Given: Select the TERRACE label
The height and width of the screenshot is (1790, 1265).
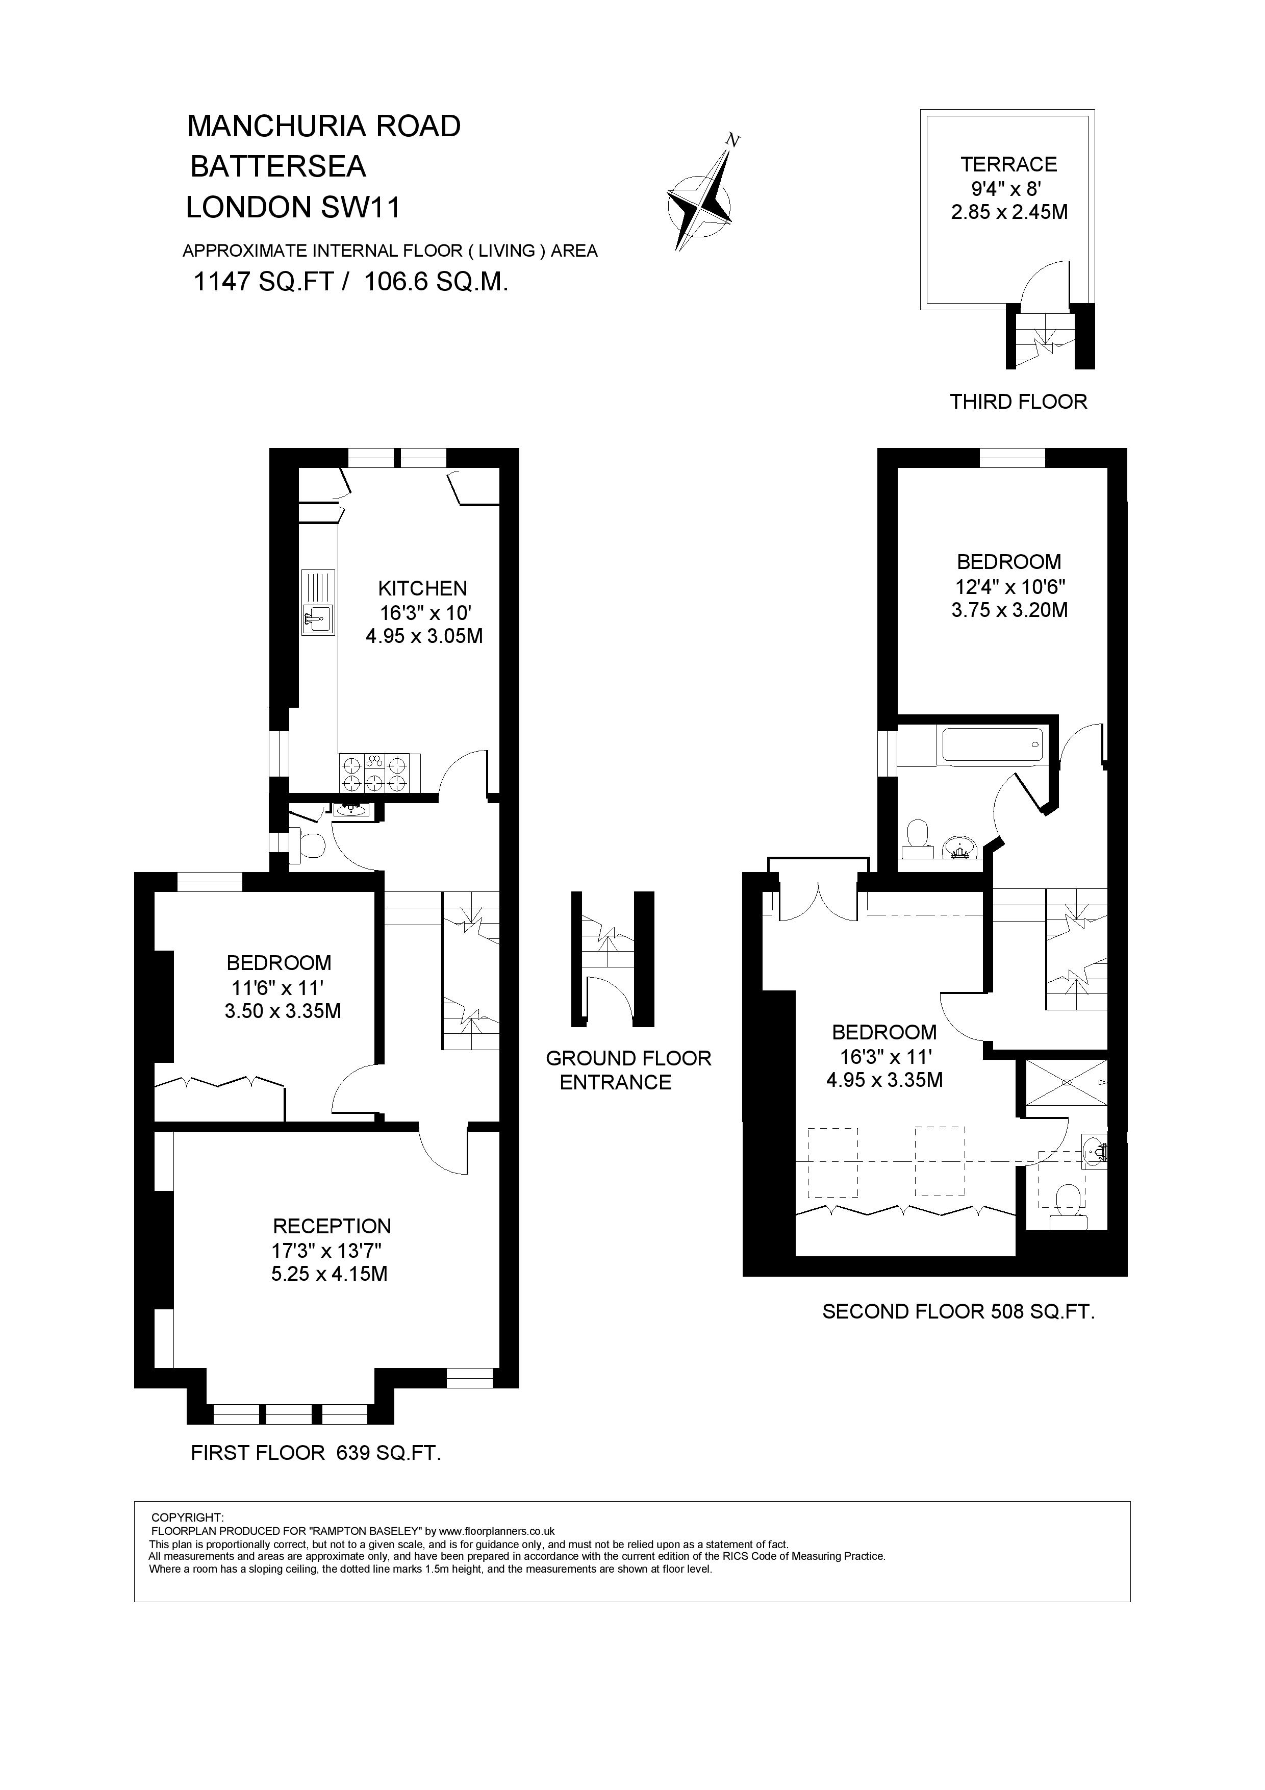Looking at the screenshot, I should (1008, 164).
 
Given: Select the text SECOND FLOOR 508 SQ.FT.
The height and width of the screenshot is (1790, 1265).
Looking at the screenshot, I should (958, 1311).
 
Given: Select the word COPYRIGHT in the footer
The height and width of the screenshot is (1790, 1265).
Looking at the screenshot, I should (187, 1517).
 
